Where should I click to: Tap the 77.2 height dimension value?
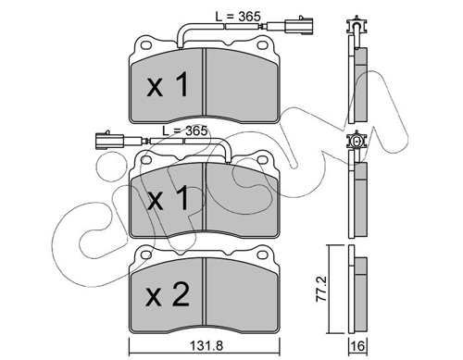[322, 289]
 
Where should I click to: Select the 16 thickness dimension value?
[357, 346]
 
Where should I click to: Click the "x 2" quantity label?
[167, 295]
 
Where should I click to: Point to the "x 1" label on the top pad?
[168, 84]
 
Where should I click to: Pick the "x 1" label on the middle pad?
[168, 198]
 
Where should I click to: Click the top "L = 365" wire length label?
[238, 17]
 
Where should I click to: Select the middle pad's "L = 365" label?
[185, 130]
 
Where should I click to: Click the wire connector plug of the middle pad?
[110, 141]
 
